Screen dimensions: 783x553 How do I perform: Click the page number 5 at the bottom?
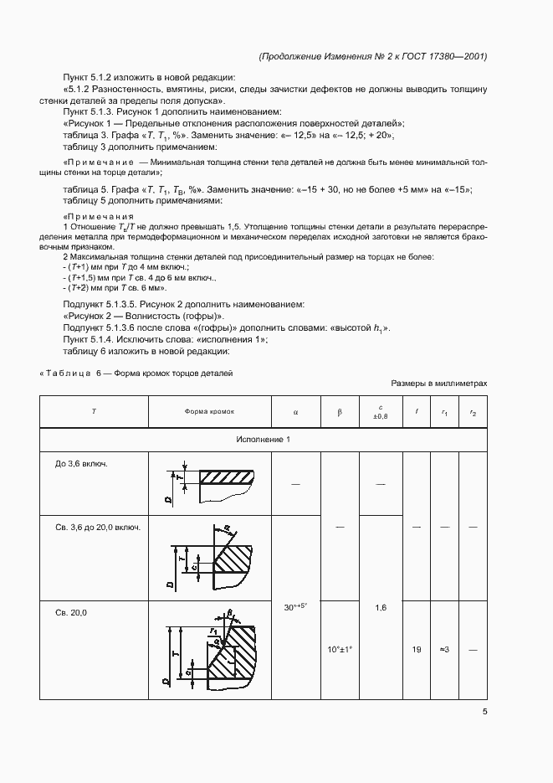485,712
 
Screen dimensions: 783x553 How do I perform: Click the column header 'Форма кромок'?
210,412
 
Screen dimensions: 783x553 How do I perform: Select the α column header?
296,412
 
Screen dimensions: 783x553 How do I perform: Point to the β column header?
340,412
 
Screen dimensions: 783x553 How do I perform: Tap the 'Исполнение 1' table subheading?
264,440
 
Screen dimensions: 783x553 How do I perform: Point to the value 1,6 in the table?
381,607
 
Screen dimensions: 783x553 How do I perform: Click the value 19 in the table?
417,649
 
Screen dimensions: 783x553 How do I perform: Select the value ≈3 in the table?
444,649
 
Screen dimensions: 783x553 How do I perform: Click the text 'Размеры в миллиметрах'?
439,384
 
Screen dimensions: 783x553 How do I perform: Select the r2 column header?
473,412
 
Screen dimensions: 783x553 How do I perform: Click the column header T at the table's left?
93,412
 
